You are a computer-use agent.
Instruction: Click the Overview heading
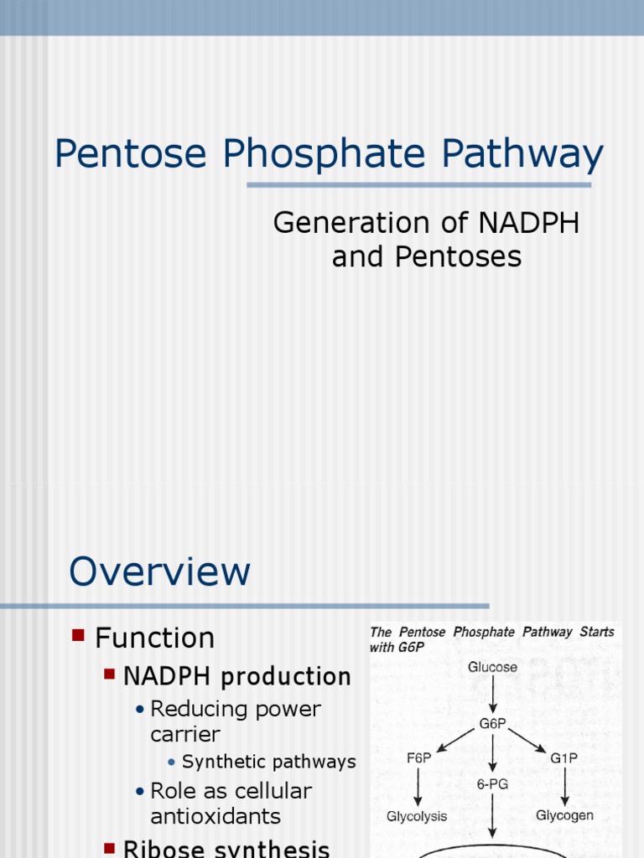click(159, 571)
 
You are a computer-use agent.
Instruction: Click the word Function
click(155, 638)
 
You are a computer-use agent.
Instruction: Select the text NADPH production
click(237, 676)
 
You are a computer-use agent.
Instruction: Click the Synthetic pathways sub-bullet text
click(268, 762)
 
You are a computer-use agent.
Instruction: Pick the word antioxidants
click(216, 815)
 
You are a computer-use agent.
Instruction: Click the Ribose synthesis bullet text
click(226, 849)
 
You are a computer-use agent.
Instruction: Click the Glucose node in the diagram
click(492, 668)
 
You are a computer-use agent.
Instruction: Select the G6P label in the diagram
click(492, 724)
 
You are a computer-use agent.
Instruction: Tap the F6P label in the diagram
click(420, 757)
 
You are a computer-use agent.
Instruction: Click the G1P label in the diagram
click(563, 757)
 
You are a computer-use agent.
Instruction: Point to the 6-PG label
click(492, 785)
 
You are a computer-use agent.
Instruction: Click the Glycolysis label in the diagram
click(417, 815)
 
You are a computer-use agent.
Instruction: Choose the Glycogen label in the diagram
click(564, 815)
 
